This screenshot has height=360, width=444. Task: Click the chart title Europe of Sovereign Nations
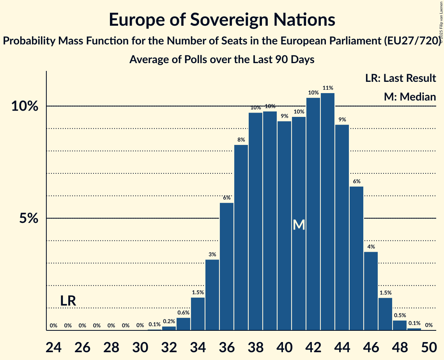(x=222, y=19)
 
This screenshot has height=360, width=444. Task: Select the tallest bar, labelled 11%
(x=327, y=212)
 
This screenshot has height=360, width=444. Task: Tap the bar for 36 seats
(x=226, y=266)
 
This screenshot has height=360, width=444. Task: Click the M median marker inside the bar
(x=299, y=225)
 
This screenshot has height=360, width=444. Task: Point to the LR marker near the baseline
(x=68, y=301)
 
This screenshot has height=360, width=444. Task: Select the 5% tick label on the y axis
(x=29, y=219)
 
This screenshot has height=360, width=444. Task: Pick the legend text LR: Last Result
(x=400, y=78)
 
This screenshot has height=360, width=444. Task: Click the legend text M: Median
(x=410, y=97)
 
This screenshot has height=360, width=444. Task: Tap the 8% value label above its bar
(x=241, y=139)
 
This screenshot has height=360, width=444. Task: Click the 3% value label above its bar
(x=212, y=254)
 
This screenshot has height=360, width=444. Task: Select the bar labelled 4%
(x=371, y=291)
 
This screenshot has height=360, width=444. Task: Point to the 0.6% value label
(x=183, y=312)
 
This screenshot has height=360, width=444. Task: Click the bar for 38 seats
(x=255, y=221)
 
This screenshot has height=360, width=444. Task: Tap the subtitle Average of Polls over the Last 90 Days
(x=222, y=60)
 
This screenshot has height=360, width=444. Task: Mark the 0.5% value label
(x=400, y=315)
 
